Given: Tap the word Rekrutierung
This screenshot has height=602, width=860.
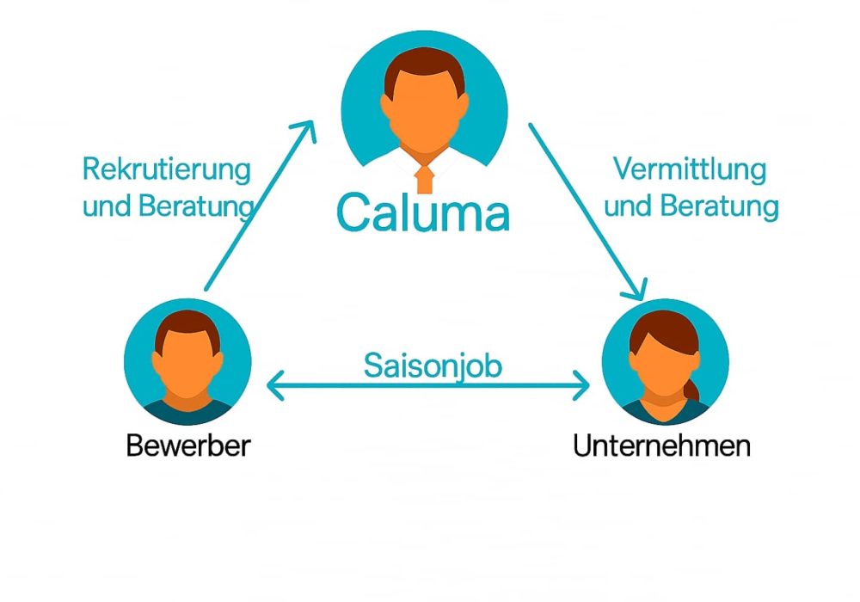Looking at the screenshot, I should (167, 169).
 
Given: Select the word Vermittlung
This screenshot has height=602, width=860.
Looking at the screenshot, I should (690, 169).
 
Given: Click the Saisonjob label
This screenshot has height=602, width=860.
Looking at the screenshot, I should (432, 365).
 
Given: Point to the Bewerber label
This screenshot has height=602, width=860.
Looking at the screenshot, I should (188, 446).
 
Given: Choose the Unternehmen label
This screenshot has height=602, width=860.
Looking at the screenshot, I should (662, 446).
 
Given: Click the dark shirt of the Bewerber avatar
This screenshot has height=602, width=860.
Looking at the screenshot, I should (187, 413).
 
